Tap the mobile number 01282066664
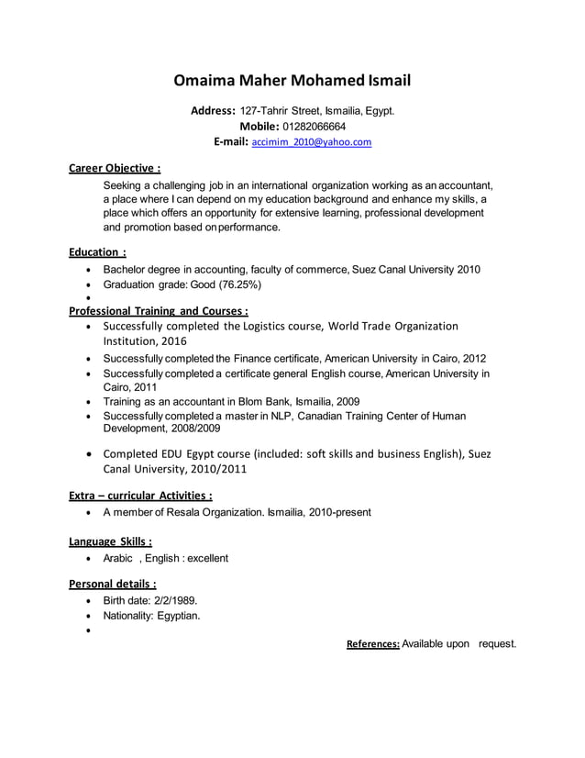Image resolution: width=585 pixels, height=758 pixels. pos(314,127)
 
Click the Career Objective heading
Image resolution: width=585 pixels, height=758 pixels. pos(116,168)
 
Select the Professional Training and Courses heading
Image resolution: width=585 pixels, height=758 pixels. pos(159,310)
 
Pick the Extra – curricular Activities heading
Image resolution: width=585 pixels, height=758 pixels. pos(141,496)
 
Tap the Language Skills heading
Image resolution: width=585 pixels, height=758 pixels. pos(111,541)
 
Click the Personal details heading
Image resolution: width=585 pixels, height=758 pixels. pos(113,583)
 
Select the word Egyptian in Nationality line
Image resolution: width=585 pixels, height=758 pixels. pos(177,616)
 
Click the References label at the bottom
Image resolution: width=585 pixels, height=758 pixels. pos(372,644)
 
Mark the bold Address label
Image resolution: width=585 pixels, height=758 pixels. pos(213,111)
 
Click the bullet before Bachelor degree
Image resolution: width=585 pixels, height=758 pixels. pos(87,271)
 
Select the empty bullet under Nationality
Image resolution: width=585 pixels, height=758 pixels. pos(87,631)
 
